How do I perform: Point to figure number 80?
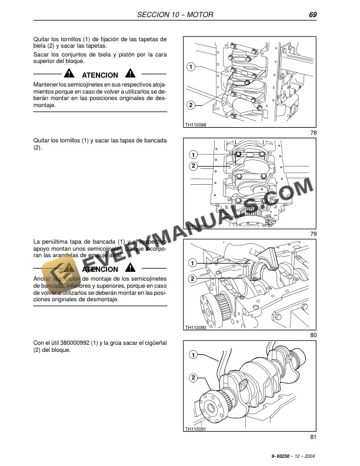coord(313,335)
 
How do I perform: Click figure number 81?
coord(313,437)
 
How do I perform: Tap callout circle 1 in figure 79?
coord(193,155)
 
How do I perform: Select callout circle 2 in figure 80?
coord(193,278)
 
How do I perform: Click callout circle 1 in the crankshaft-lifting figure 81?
coord(193,355)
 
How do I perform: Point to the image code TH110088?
coord(195,125)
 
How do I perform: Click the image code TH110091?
coord(195,429)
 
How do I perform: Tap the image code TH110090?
coord(195,327)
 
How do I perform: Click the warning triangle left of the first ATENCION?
coord(70,75)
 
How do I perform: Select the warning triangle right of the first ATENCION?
coord(130,75)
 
